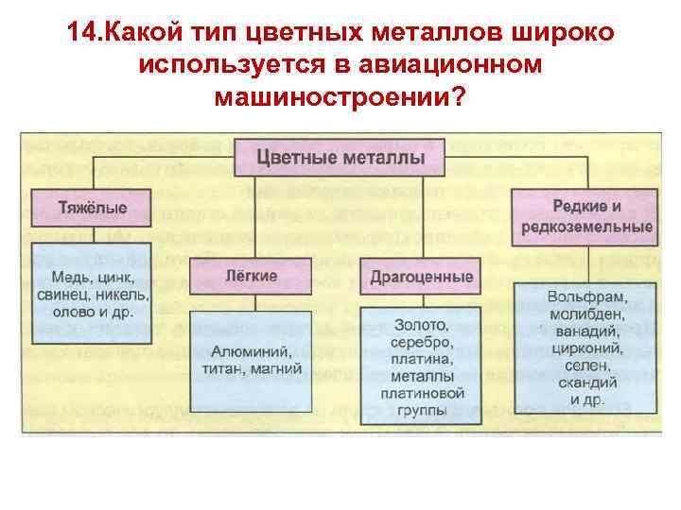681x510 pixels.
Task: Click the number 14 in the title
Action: pyautogui.click(x=81, y=33)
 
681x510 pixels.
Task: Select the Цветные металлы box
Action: pyautogui.click(x=340, y=156)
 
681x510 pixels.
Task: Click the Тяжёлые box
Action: pyautogui.click(x=92, y=207)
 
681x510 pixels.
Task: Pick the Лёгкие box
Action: pyautogui.click(x=252, y=276)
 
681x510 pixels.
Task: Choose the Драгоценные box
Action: pyautogui.click(x=422, y=277)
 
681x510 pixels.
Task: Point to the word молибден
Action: pyautogui.click(x=586, y=314)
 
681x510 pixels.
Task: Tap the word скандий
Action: pyautogui.click(x=586, y=382)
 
